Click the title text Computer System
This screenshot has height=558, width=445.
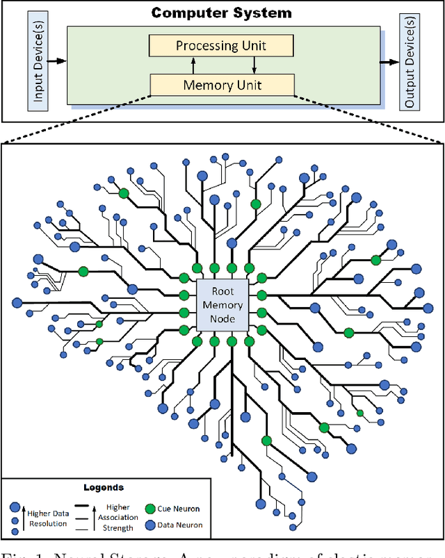222,13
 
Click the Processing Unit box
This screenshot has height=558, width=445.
222,47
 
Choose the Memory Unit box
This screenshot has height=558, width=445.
222,85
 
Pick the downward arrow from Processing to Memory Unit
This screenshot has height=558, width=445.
254,66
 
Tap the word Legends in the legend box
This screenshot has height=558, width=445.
103,488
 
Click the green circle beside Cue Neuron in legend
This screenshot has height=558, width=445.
149,508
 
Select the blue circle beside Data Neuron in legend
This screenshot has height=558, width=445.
149,524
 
